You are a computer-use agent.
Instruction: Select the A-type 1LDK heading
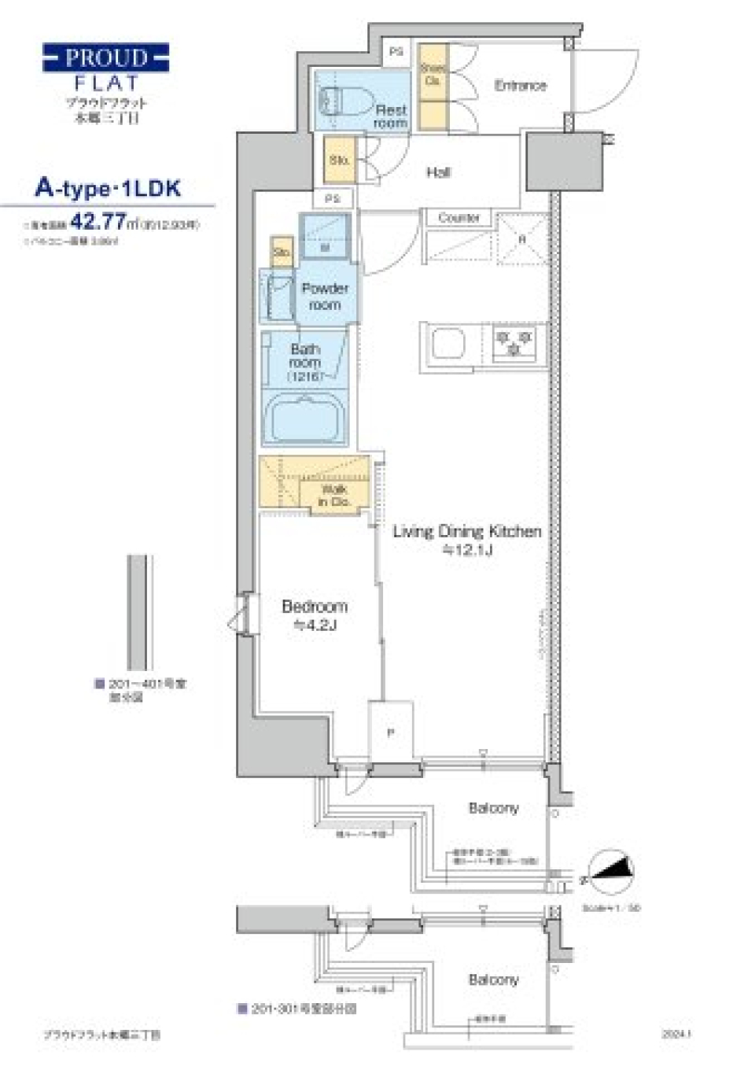click(x=108, y=188)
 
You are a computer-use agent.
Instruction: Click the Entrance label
click(x=520, y=85)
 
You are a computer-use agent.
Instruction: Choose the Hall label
click(x=438, y=172)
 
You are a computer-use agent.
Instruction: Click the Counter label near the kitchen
click(x=459, y=217)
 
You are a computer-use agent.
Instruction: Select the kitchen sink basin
click(x=447, y=344)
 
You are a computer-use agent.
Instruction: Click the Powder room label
click(x=325, y=296)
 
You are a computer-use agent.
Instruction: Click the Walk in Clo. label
click(x=333, y=495)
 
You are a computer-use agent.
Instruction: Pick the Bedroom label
click(x=315, y=614)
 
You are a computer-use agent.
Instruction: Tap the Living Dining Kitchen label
click(x=467, y=540)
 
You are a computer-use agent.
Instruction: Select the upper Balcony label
click(x=493, y=808)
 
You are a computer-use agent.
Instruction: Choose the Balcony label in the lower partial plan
click(x=493, y=980)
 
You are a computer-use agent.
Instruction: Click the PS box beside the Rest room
click(x=396, y=52)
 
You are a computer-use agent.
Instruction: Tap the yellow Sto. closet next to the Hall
click(x=340, y=160)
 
